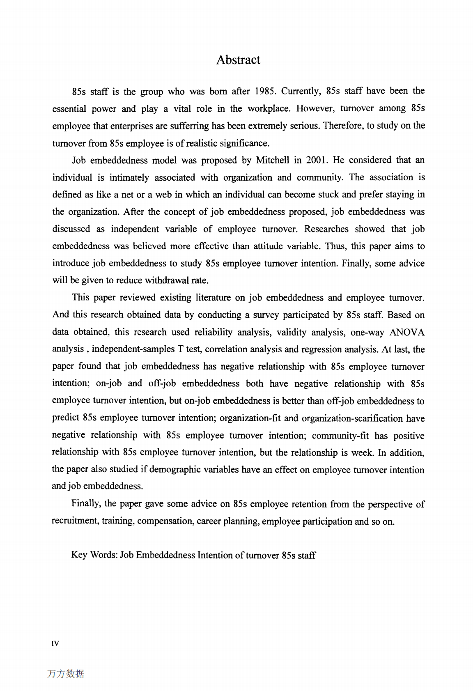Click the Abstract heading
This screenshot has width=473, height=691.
click(238, 60)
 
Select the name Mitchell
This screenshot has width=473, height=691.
click(273, 160)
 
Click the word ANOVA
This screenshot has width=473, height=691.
click(407, 332)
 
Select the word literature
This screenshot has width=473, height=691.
click(213, 298)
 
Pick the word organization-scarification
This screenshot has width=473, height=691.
click(352, 418)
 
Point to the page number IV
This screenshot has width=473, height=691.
click(55, 643)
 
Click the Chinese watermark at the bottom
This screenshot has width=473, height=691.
click(66, 674)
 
